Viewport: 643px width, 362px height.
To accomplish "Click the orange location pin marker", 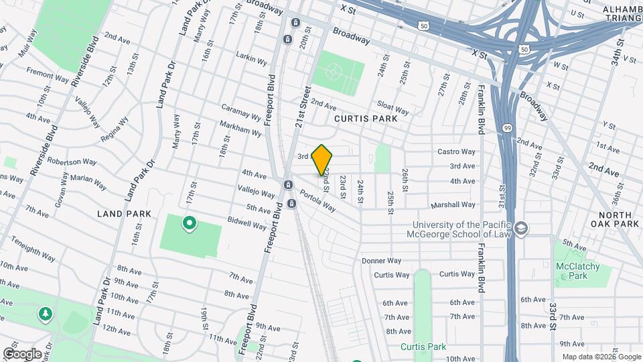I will (322, 160).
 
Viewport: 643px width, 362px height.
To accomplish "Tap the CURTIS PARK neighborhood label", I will (366, 119).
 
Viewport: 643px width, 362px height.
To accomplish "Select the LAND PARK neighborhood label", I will (123, 213).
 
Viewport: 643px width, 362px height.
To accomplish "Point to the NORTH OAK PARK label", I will (615, 219).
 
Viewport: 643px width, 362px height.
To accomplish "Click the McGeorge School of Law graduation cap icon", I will (521, 230).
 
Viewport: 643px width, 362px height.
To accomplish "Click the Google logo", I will (22, 354).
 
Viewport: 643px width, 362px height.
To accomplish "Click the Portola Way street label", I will (317, 200).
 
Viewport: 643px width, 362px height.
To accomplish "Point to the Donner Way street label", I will (381, 261).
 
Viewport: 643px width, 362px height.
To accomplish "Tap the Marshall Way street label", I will (453, 204).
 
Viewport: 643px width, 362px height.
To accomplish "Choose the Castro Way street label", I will (456, 152).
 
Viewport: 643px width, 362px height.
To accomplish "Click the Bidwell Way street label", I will (247, 223).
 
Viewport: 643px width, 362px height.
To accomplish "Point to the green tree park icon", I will (46, 314).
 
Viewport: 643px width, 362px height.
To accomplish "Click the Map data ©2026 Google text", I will (601, 357).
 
